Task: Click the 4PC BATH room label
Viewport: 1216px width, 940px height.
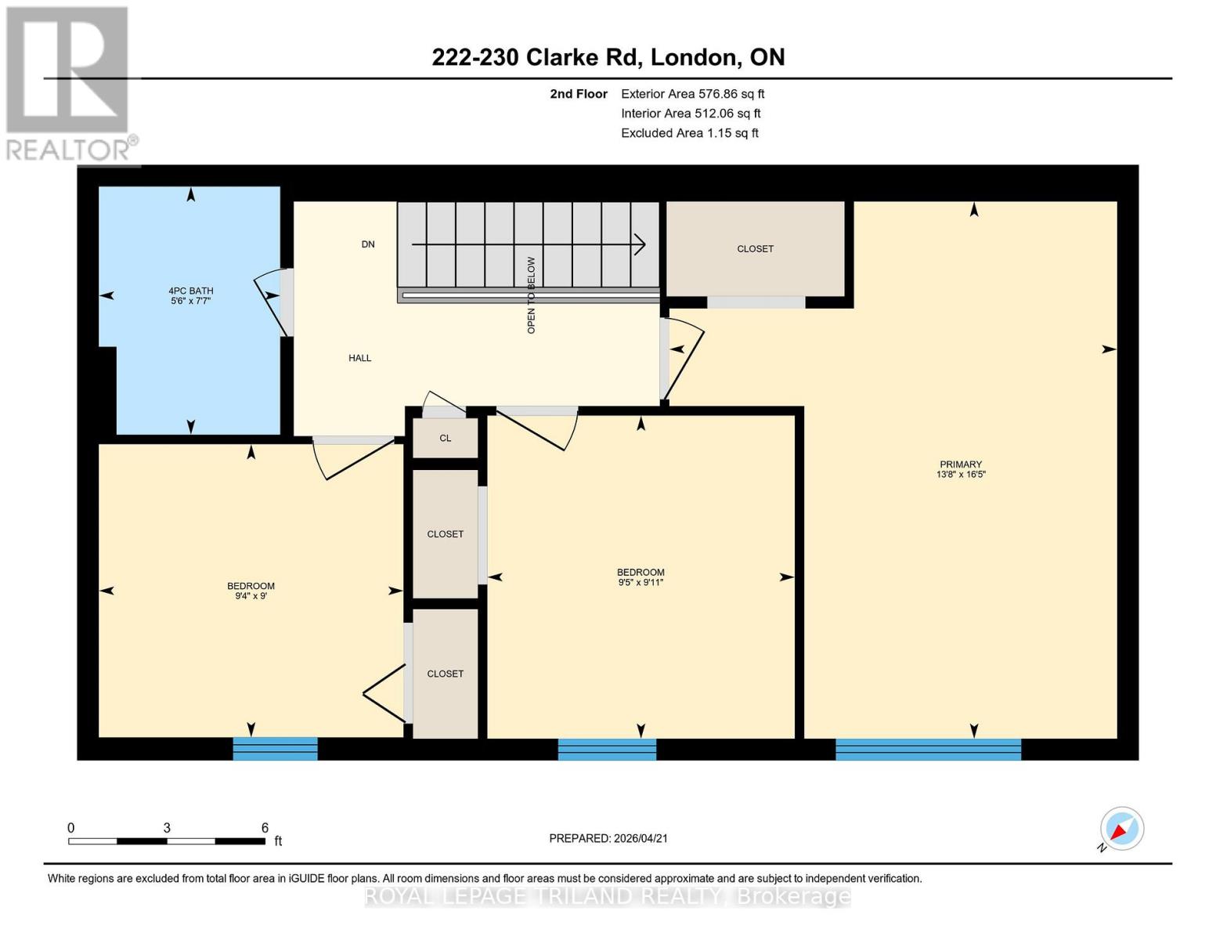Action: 190,291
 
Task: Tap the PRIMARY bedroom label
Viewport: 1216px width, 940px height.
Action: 960,464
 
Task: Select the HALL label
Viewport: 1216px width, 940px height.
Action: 359,358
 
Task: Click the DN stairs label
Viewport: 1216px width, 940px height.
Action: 367,244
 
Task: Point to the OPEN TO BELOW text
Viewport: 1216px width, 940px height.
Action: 531,295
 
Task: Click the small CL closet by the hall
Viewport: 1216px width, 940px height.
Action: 445,438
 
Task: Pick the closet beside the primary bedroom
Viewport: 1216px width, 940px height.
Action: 755,249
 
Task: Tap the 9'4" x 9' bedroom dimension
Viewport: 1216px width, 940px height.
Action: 251,596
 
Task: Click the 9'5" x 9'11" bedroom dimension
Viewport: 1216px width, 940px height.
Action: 640,583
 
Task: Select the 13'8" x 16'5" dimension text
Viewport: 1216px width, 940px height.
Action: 960,475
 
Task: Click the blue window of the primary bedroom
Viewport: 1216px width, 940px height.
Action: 928,749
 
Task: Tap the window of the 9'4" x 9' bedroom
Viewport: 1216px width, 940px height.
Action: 275,749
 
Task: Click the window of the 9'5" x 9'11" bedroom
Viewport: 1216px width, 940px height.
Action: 607,749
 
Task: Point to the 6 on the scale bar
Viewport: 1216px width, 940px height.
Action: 265,828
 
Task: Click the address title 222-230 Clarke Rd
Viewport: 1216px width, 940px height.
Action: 608,57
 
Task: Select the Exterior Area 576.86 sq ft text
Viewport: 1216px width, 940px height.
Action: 692,94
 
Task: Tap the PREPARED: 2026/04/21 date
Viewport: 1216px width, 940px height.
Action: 608,838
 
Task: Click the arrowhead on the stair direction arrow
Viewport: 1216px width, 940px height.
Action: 640,245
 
